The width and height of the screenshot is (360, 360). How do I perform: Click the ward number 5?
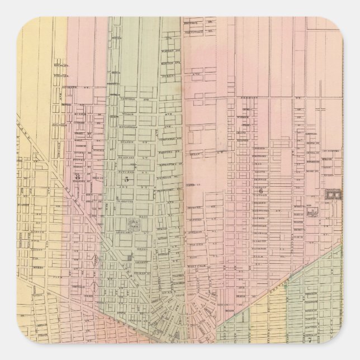126,179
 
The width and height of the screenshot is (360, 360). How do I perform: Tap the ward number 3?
78,177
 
